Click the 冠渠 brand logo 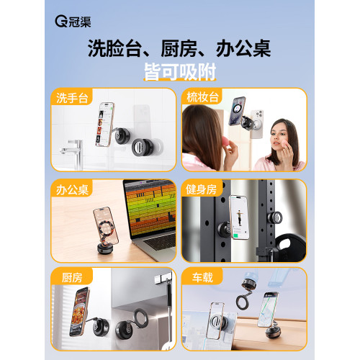tap(73, 22)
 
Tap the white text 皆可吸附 tap(180, 72)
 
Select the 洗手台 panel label tap(72, 98)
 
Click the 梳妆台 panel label tap(202, 97)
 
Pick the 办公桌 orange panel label tap(72, 190)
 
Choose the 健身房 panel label tap(201, 189)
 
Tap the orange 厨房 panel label tap(72, 278)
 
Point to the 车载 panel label tap(202, 277)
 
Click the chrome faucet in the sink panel tap(73, 154)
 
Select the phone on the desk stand tap(106, 226)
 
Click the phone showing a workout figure tap(239, 217)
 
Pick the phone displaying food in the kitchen tap(79, 311)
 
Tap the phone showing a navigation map tap(268, 310)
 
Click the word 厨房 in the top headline tap(179, 49)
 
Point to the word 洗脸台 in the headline tap(114, 49)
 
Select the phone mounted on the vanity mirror tap(237, 111)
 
